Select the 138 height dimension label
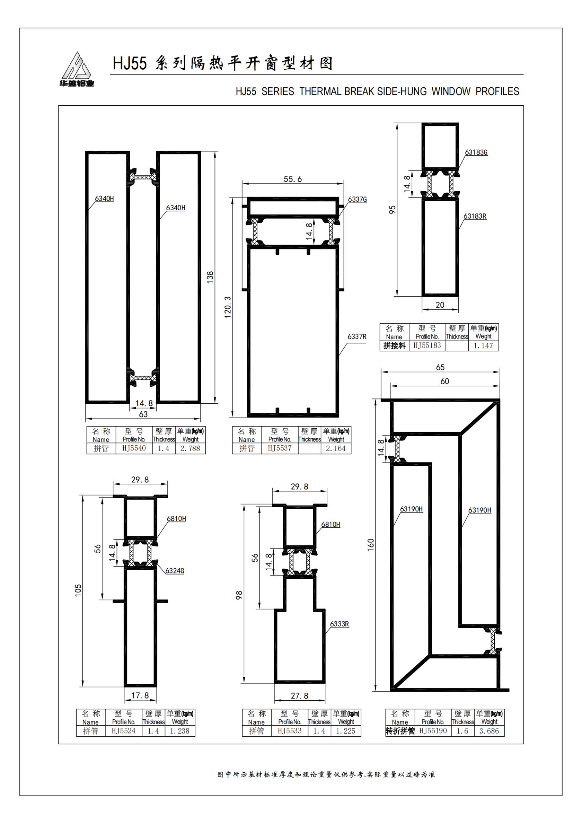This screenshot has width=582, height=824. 210,277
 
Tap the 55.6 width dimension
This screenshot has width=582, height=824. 293,179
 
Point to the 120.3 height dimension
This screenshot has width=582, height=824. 228,307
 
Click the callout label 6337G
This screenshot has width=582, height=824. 357,199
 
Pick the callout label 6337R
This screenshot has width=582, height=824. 357,336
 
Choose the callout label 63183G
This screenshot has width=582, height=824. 476,152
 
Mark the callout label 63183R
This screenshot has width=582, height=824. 475,216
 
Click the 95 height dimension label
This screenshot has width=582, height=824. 393,210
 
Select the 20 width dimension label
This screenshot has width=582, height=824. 440,305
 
